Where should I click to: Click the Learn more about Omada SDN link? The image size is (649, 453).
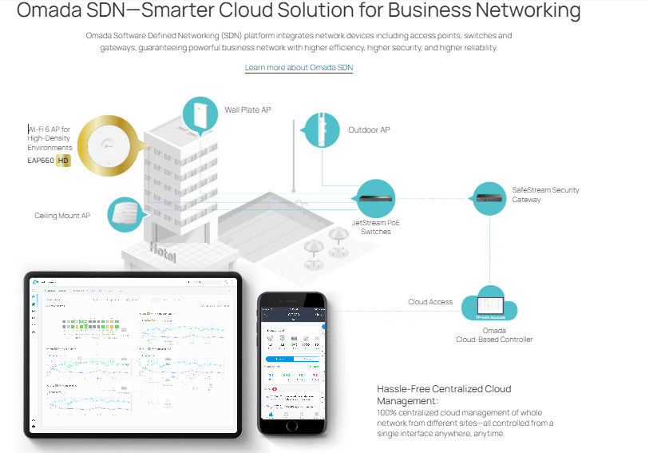[x=299, y=68]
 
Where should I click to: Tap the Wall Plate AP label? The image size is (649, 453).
[x=247, y=110]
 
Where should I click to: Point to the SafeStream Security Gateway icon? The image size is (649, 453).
[x=489, y=194]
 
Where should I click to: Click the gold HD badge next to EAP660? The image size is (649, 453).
[x=63, y=161]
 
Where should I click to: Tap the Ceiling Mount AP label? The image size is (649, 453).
[x=62, y=216]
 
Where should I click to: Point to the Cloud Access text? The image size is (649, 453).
[x=430, y=302]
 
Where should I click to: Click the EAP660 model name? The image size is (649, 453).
[x=40, y=161]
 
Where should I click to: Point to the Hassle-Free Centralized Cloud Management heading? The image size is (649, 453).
[x=444, y=395]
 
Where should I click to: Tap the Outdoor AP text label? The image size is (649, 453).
[x=369, y=129]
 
